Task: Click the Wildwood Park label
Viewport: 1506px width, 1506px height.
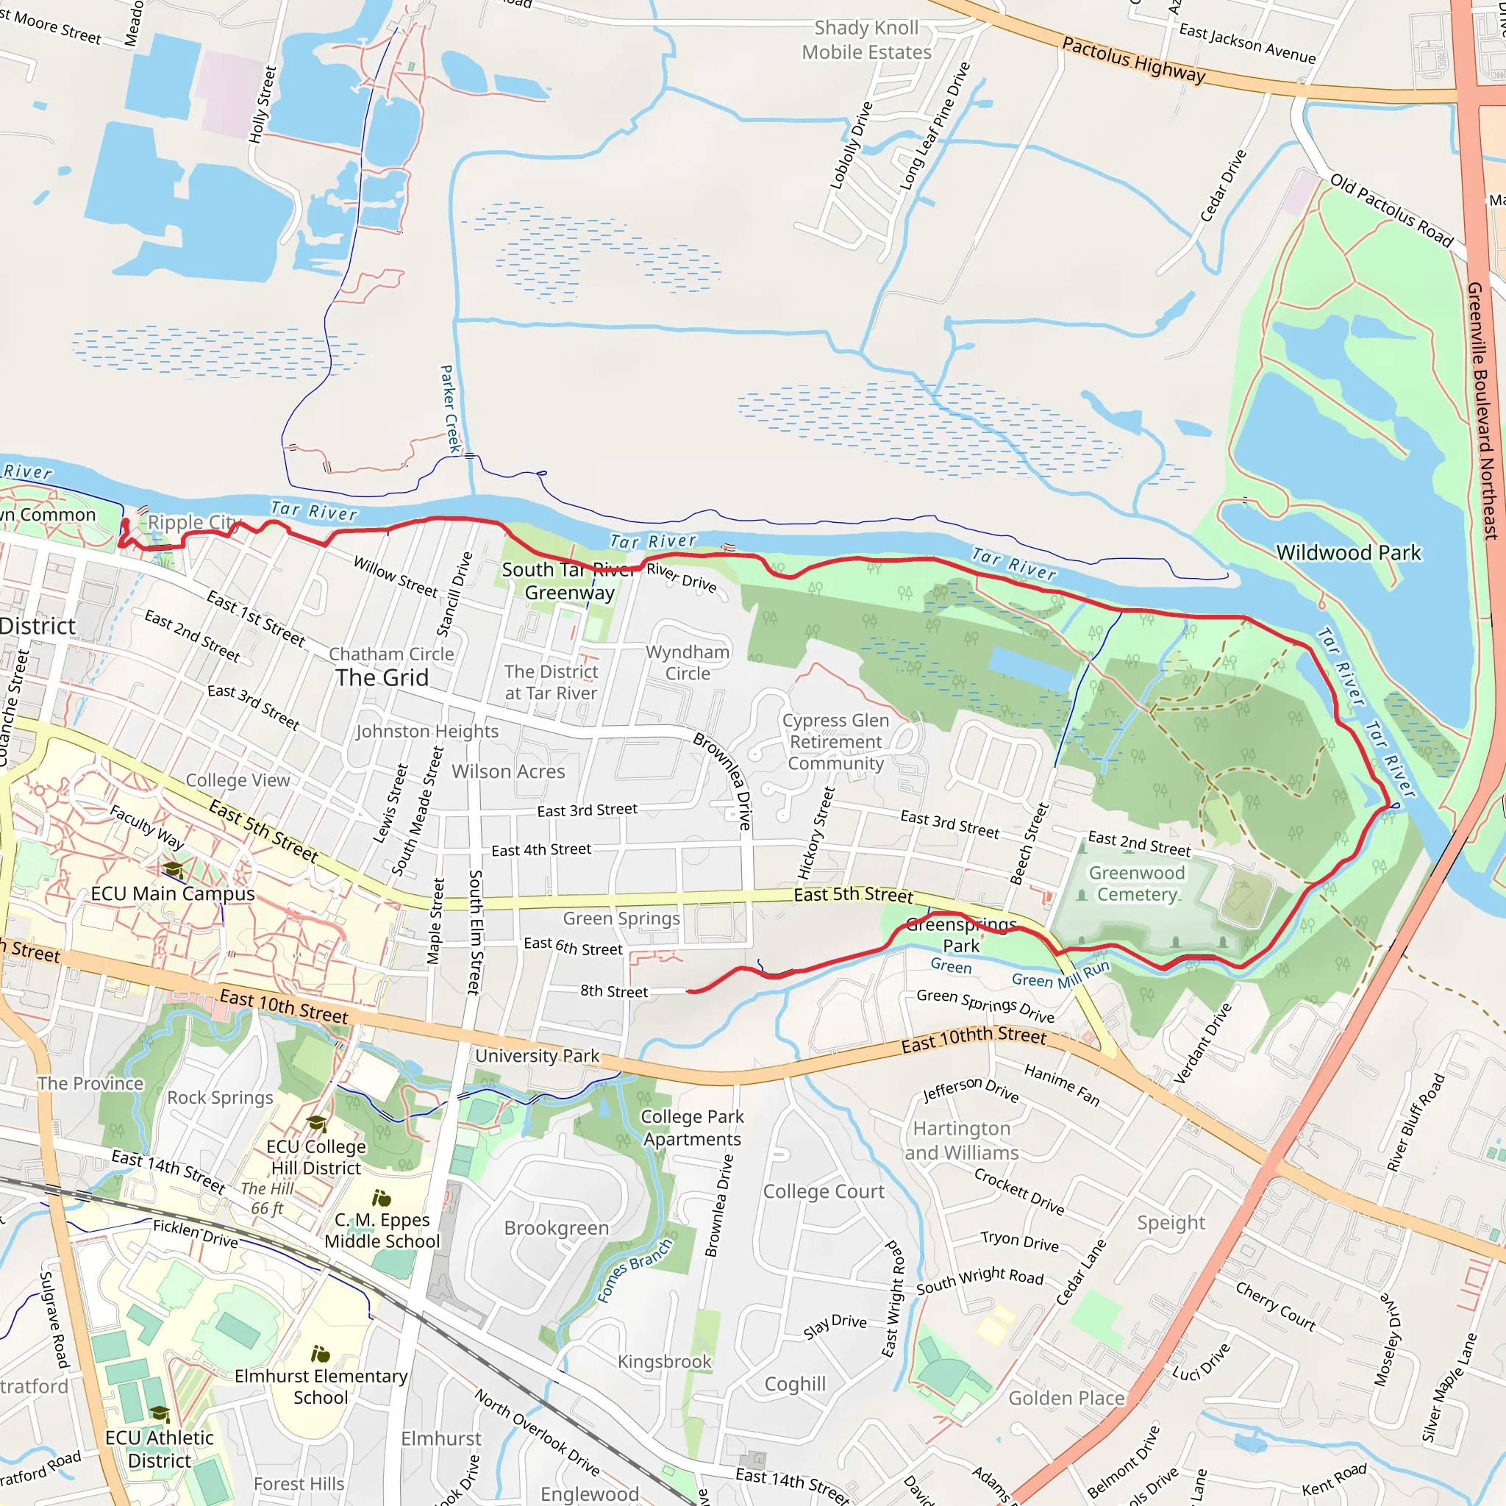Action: (x=1348, y=553)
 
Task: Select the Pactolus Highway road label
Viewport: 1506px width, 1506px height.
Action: (x=1133, y=60)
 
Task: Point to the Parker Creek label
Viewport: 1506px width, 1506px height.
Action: (x=450, y=408)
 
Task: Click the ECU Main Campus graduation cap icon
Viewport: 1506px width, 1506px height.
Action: (x=173, y=869)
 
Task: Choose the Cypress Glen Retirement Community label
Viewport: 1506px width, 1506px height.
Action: (x=835, y=741)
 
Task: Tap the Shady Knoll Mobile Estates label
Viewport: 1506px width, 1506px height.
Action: (x=866, y=40)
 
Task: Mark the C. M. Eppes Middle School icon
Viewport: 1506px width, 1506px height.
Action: (x=381, y=1198)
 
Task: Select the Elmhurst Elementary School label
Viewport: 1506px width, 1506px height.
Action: (x=321, y=1387)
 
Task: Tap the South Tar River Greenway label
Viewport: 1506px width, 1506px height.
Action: (x=569, y=581)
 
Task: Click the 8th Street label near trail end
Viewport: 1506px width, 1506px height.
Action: (x=613, y=991)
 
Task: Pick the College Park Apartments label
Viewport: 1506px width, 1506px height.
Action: (x=691, y=1127)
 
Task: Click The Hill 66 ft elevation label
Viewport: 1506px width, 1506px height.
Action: (x=267, y=1199)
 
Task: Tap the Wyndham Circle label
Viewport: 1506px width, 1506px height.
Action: (x=688, y=663)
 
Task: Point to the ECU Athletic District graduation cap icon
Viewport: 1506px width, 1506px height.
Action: (x=160, y=1414)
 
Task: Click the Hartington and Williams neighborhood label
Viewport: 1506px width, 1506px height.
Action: (x=961, y=1141)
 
